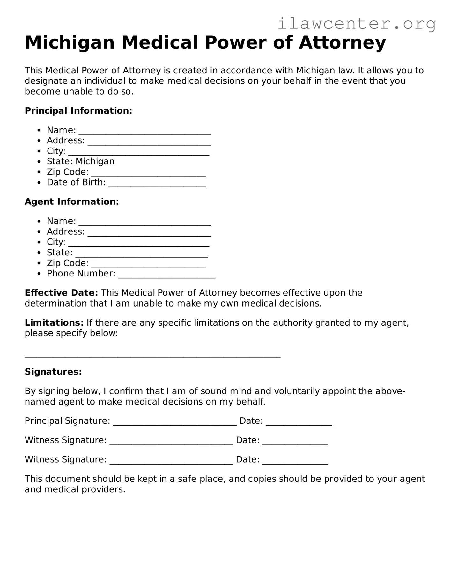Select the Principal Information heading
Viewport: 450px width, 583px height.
tap(78, 111)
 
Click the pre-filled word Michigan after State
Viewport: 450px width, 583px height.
tap(95, 162)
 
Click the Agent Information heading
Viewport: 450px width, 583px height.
tap(72, 202)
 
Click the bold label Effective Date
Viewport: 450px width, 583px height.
tap(61, 293)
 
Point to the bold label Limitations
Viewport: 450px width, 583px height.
tap(54, 323)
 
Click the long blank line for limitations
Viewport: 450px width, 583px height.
tap(152, 355)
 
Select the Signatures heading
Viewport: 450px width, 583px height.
tap(53, 372)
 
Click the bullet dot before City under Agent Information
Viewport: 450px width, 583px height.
tap(39, 242)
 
